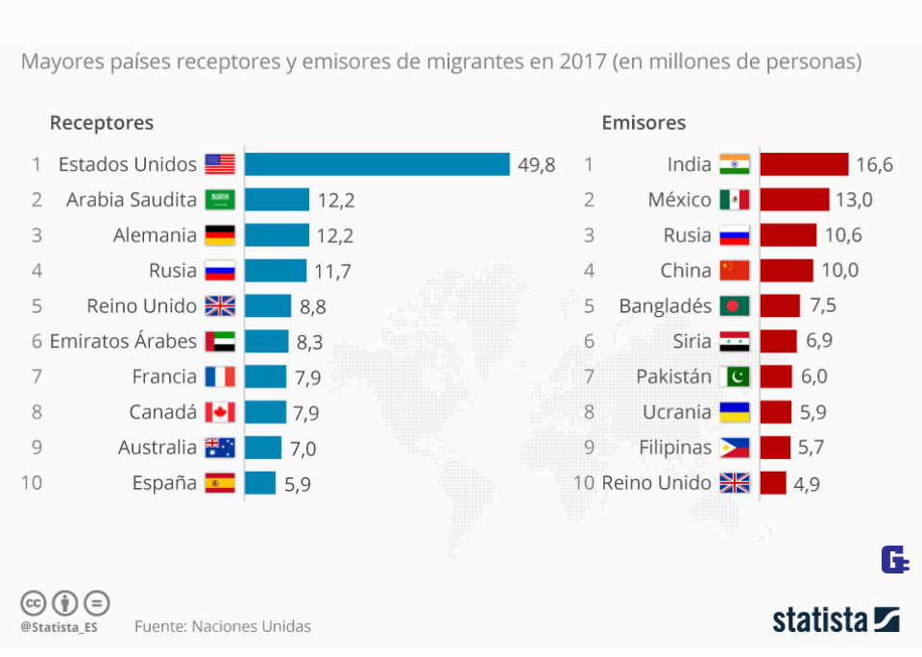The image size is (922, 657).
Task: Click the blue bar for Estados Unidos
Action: click(376, 164)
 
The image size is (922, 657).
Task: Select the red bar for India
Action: click(804, 164)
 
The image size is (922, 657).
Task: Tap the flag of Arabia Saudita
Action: click(220, 200)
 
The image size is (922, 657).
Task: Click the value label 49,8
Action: click(537, 165)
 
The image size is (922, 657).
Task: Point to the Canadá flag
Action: click(220, 412)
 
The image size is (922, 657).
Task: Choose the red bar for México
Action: click(794, 200)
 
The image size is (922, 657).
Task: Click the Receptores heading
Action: click(101, 123)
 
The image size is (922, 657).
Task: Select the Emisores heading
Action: click(643, 123)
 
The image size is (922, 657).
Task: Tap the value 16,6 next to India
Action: click(874, 165)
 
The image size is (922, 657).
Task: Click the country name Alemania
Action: click(155, 235)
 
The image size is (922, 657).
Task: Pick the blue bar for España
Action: click(260, 483)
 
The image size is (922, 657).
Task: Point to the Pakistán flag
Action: click(735, 377)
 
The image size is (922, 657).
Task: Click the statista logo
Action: click(836, 620)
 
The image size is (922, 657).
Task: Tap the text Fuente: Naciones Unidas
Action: click(223, 626)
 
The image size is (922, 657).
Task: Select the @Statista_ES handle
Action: click(60, 627)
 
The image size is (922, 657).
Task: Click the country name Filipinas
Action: click(675, 448)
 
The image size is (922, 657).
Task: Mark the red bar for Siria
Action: click(778, 341)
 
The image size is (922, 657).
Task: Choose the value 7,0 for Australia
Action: click(303, 449)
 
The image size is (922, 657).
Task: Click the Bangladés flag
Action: click(735, 306)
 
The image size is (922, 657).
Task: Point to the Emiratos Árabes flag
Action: click(220, 341)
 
